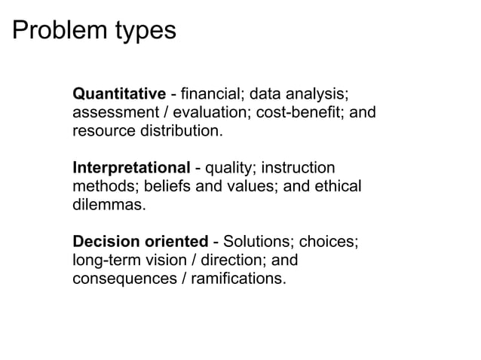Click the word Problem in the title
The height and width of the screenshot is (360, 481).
click(57, 31)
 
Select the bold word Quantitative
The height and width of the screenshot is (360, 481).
click(118, 94)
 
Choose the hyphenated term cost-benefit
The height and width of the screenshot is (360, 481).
click(302, 113)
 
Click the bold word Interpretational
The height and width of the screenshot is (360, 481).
click(130, 168)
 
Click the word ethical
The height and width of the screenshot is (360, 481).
click(335, 186)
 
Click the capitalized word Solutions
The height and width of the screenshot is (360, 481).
click(256, 242)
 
